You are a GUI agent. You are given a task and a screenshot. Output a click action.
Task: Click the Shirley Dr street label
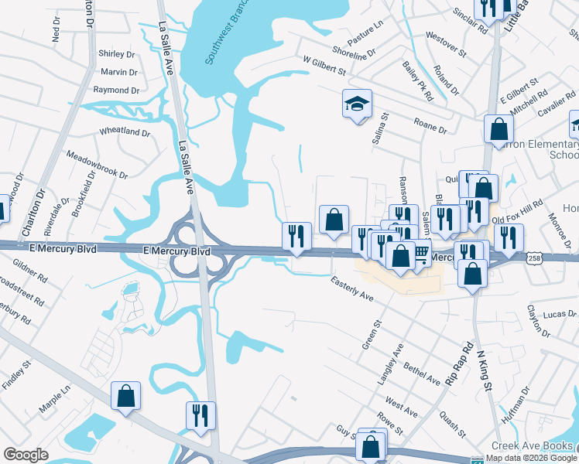click(x=117, y=54)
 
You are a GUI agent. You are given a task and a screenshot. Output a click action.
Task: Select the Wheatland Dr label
click(x=125, y=132)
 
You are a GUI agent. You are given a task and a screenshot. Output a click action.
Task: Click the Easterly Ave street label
click(x=352, y=289)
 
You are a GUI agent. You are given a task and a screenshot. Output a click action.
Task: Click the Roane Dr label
click(x=430, y=125)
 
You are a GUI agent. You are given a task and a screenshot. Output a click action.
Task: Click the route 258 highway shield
click(x=534, y=257)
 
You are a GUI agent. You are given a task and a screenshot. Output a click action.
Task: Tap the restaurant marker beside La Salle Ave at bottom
click(x=200, y=415)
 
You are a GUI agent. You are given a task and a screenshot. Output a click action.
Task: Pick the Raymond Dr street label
click(x=116, y=90)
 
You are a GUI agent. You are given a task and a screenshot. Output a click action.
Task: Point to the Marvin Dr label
click(x=119, y=72)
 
